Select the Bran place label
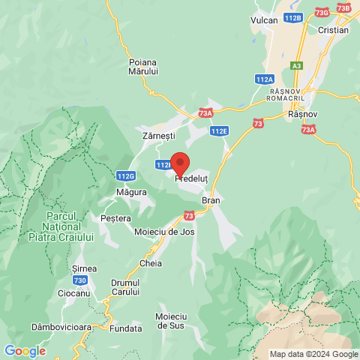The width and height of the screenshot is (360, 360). (210, 201)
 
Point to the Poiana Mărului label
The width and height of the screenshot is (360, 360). (142, 66)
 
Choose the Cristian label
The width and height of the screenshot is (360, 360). (333, 30)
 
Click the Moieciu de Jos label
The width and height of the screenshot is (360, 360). (164, 232)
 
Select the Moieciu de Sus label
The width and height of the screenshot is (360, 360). (171, 321)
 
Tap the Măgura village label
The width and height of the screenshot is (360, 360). (131, 192)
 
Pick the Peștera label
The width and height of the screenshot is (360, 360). (115, 218)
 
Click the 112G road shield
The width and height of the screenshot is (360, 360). (126, 175)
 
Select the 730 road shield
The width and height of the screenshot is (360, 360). (80, 280)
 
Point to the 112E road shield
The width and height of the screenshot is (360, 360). (218, 130)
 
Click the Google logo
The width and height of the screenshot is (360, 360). (25, 351)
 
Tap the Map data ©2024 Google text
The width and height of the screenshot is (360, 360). (314, 354)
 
